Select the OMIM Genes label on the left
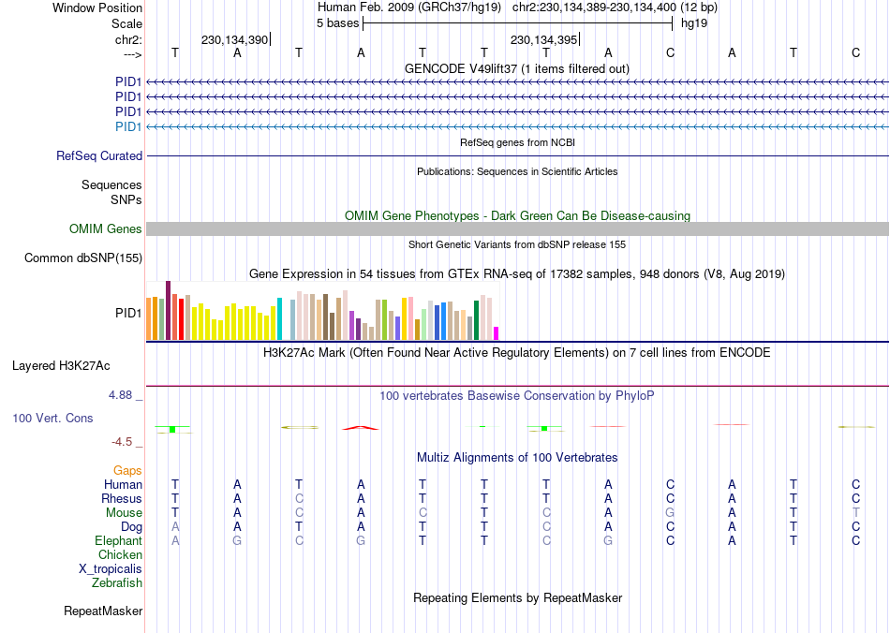106,229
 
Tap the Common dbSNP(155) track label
83,258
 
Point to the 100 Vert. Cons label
52,418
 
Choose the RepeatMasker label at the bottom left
103,611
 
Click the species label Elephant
118,541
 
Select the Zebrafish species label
117,583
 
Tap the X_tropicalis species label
111,569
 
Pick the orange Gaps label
127,471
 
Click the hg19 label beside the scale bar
694,22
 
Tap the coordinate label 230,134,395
542,40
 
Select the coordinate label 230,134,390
234,40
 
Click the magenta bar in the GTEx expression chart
497,333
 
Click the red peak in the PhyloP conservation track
361,428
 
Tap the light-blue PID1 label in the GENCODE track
128,126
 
